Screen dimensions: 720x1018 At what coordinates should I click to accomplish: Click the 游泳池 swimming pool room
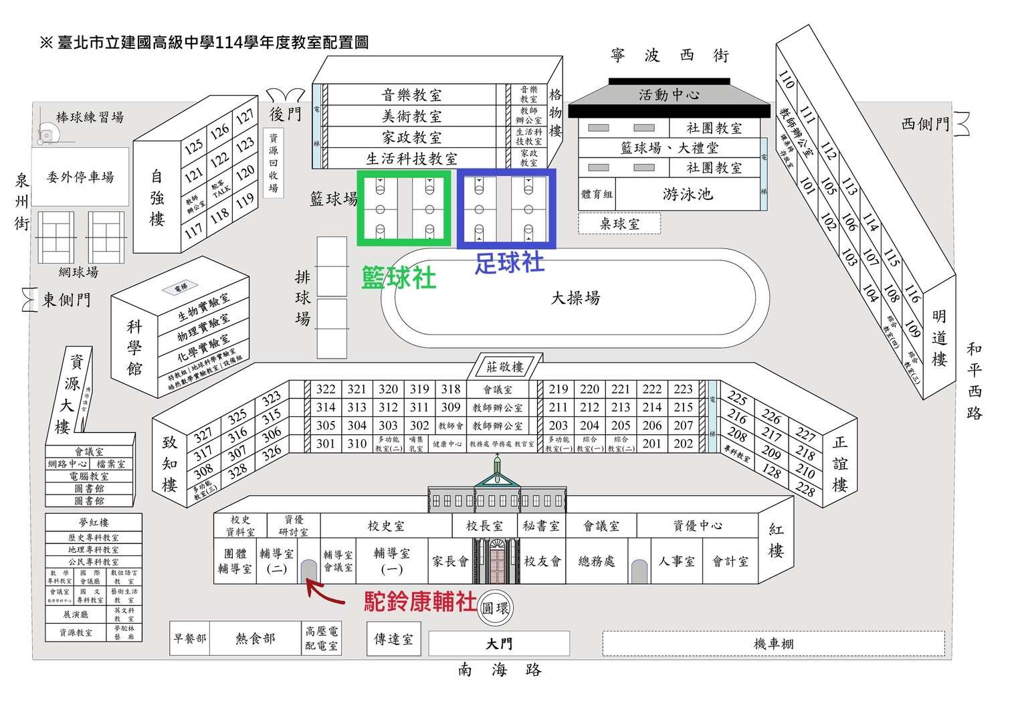[688, 195]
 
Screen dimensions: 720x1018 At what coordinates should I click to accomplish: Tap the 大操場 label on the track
[575, 298]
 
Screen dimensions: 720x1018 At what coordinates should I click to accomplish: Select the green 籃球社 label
[399, 278]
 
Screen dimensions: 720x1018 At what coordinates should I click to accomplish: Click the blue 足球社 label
[509, 262]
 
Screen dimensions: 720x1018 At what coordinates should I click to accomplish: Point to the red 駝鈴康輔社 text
[421, 602]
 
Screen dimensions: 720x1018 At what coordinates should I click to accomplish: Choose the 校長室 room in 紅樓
[484, 526]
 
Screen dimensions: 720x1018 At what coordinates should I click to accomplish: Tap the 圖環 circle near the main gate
[496, 608]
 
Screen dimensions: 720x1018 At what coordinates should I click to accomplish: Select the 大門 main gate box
[499, 644]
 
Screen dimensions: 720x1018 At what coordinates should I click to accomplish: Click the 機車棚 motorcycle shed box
[773, 644]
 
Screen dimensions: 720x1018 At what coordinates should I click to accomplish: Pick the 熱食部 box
[256, 638]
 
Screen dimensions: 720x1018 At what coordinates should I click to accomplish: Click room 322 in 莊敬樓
[326, 389]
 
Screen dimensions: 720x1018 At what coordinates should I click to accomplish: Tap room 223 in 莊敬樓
[683, 389]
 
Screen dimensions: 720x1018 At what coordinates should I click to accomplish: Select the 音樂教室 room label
[412, 95]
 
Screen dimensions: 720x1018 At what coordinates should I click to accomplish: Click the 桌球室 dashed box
[619, 223]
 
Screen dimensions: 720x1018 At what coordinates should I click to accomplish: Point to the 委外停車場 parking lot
[80, 177]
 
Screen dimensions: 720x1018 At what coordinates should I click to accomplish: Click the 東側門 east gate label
[66, 300]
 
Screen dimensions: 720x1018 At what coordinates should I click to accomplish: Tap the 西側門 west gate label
[925, 124]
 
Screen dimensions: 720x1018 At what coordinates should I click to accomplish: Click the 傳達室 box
[393, 639]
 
